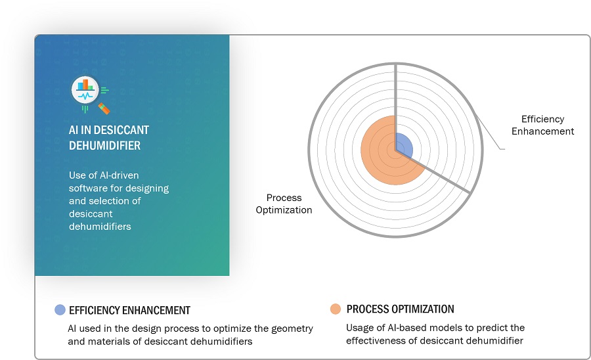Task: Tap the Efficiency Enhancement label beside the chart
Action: click(x=542, y=125)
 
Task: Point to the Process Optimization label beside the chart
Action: click(x=284, y=204)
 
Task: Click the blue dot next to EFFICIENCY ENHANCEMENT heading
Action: click(x=60, y=310)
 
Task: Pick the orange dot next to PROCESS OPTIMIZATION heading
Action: click(x=336, y=309)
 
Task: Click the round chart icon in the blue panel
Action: click(x=85, y=90)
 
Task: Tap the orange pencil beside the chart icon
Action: click(x=104, y=108)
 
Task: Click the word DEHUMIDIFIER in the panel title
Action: click(x=104, y=145)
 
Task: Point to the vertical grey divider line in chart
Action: click(x=395, y=107)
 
